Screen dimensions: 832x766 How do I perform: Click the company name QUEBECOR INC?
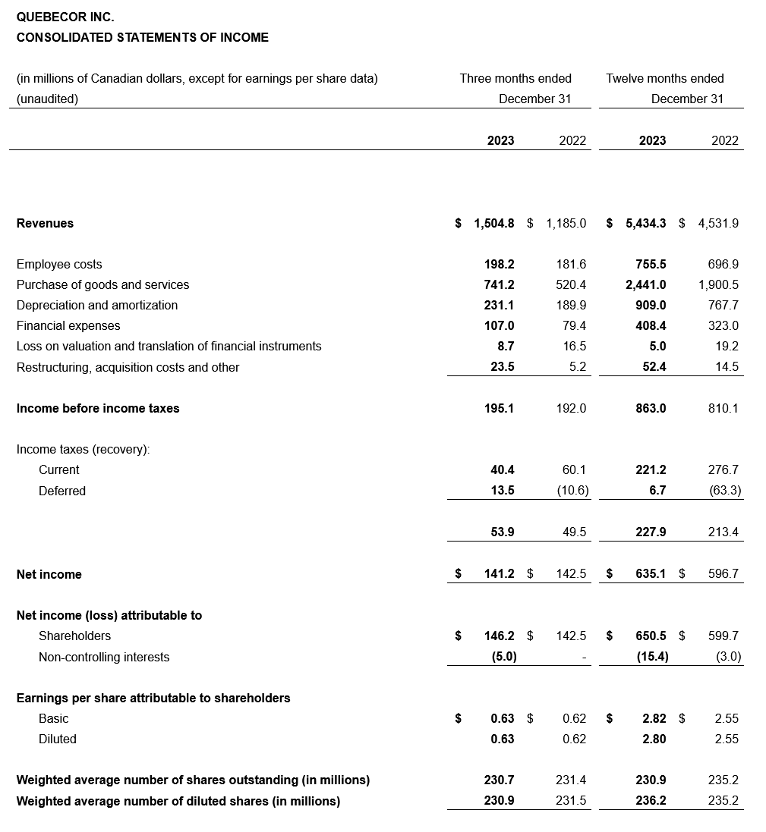coord(65,17)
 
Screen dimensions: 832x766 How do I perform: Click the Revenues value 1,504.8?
coord(493,223)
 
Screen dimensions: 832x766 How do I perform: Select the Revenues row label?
coord(45,223)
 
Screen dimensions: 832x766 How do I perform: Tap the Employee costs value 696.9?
coord(723,264)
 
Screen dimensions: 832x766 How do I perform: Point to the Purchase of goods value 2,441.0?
coord(646,284)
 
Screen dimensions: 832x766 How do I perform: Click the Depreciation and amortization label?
coord(97,305)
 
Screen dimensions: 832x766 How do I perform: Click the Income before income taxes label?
coord(98,408)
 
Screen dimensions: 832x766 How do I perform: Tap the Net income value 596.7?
coord(723,574)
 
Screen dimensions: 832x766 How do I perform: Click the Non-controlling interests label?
coord(104,657)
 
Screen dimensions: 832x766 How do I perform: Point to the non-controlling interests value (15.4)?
coord(652,657)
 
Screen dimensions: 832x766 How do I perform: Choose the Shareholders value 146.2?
coord(500,636)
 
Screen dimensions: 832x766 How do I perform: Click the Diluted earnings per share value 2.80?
coord(654,739)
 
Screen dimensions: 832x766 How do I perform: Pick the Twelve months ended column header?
coord(665,78)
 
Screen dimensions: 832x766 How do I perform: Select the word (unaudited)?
coord(47,99)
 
